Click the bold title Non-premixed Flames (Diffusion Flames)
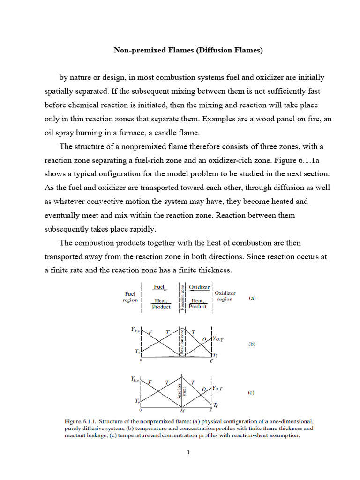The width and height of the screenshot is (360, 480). (x=188, y=50)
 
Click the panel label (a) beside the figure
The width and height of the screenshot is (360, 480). (x=252, y=298)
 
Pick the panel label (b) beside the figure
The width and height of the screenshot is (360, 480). (x=252, y=344)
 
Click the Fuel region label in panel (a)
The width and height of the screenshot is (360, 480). (x=130, y=297)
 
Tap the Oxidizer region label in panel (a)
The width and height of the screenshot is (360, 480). (x=225, y=296)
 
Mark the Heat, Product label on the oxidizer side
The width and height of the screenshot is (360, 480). (x=198, y=304)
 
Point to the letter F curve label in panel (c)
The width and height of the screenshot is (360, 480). (x=150, y=382)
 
